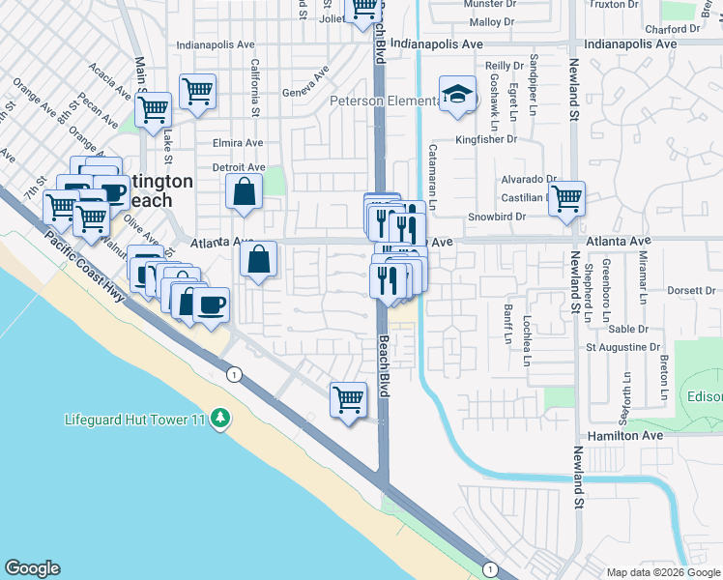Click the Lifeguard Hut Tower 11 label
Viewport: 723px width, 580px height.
point(135,419)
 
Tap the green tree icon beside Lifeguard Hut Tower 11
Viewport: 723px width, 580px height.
point(222,417)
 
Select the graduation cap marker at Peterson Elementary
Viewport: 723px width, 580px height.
point(458,94)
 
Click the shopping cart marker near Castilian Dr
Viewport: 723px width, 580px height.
point(566,198)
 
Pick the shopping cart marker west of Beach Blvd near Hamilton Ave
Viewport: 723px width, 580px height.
point(348,397)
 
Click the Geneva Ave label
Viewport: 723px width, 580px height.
point(304,83)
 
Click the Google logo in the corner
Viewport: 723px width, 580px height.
point(32,568)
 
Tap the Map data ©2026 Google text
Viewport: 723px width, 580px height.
point(663,572)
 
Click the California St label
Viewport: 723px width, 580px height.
point(255,89)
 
